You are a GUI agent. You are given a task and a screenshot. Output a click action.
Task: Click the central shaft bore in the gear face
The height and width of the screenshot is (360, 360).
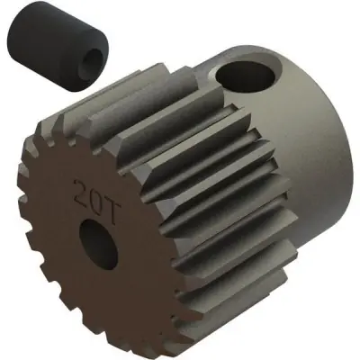(x=94, y=238)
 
